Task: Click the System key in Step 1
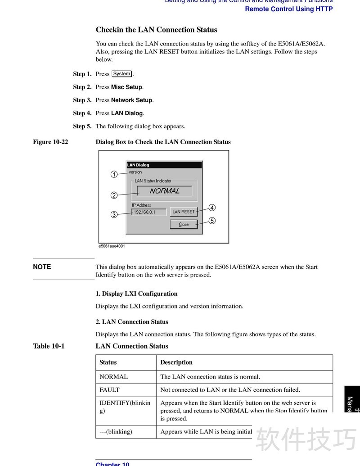tap(122, 74)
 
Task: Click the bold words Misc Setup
tap(126, 87)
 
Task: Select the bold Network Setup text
tap(132, 100)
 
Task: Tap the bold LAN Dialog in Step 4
tap(127, 113)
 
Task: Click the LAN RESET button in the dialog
tap(184, 212)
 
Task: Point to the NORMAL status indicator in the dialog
tap(164, 191)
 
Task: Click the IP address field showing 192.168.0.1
tap(148, 212)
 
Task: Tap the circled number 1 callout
tap(114, 174)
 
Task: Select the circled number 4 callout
tap(212, 208)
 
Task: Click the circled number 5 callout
tap(212, 221)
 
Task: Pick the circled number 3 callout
tap(114, 215)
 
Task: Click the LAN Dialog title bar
tap(163, 165)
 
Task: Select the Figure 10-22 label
tap(50, 142)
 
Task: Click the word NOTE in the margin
tap(42, 267)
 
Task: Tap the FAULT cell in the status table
tap(110, 390)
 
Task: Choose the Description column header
tap(176, 362)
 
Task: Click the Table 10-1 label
tap(49, 346)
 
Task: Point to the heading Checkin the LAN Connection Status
tap(156, 30)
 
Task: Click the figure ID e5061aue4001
tap(112, 246)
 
